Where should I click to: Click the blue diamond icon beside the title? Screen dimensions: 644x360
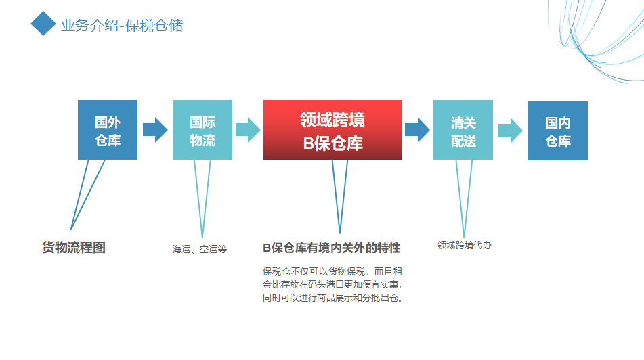43,24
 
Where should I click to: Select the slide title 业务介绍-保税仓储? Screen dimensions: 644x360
122,26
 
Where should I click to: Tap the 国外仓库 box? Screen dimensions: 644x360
108,130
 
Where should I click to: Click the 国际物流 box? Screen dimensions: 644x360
202,130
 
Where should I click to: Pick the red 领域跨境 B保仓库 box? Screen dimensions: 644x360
332,130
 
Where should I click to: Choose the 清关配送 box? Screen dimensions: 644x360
463,130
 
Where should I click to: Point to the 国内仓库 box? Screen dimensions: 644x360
558,131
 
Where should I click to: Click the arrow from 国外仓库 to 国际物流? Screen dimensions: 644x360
155,130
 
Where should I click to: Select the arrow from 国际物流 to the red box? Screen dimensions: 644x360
248,130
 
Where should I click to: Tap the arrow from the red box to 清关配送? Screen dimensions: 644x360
417,130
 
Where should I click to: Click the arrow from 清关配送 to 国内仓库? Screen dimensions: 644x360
510,131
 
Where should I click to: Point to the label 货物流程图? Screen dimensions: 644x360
74,248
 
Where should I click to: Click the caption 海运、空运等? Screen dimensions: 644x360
200,249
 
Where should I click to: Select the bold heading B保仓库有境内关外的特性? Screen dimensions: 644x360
331,248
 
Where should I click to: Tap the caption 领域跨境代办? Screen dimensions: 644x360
465,245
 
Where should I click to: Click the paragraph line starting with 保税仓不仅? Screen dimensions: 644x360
332,271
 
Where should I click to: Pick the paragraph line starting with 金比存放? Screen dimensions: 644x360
332,284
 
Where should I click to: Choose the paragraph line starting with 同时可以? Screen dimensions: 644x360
332,298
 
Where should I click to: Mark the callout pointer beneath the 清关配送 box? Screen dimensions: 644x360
464,199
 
